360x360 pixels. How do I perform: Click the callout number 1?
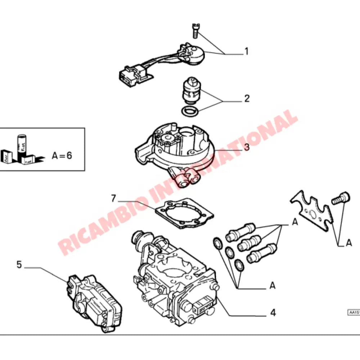point(247,51)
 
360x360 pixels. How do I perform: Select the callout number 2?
point(247,98)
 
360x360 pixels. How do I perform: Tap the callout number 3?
point(247,147)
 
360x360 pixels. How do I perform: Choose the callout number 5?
point(19,265)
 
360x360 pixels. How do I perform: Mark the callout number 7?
point(113,198)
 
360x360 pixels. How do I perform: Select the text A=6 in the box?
point(62,156)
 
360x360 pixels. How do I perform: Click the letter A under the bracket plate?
point(348,244)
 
